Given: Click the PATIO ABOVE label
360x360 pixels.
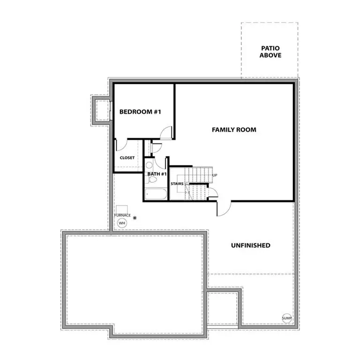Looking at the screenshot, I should click(x=270, y=52).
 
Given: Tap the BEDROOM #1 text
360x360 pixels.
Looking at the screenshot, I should click(x=140, y=112).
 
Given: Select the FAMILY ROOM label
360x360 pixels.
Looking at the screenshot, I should click(x=234, y=129).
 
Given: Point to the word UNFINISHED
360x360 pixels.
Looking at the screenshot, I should click(x=250, y=245).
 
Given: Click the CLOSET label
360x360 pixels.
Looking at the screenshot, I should click(x=127, y=158).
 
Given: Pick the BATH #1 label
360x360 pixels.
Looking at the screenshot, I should click(x=157, y=174).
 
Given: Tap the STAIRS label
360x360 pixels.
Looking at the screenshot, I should click(x=177, y=184).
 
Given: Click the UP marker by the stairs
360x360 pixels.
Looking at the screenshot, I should click(x=215, y=175).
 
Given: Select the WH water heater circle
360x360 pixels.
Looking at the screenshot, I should click(x=122, y=223).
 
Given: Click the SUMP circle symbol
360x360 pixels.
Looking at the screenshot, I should click(x=287, y=318).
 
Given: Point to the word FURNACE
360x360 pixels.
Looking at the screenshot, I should click(x=122, y=215).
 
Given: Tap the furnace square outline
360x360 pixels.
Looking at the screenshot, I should click(x=123, y=209).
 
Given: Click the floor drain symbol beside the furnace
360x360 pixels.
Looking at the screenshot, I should click(x=135, y=218).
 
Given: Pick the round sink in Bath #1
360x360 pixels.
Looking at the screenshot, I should click(x=149, y=165).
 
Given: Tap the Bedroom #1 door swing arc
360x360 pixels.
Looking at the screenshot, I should click(x=165, y=133).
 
